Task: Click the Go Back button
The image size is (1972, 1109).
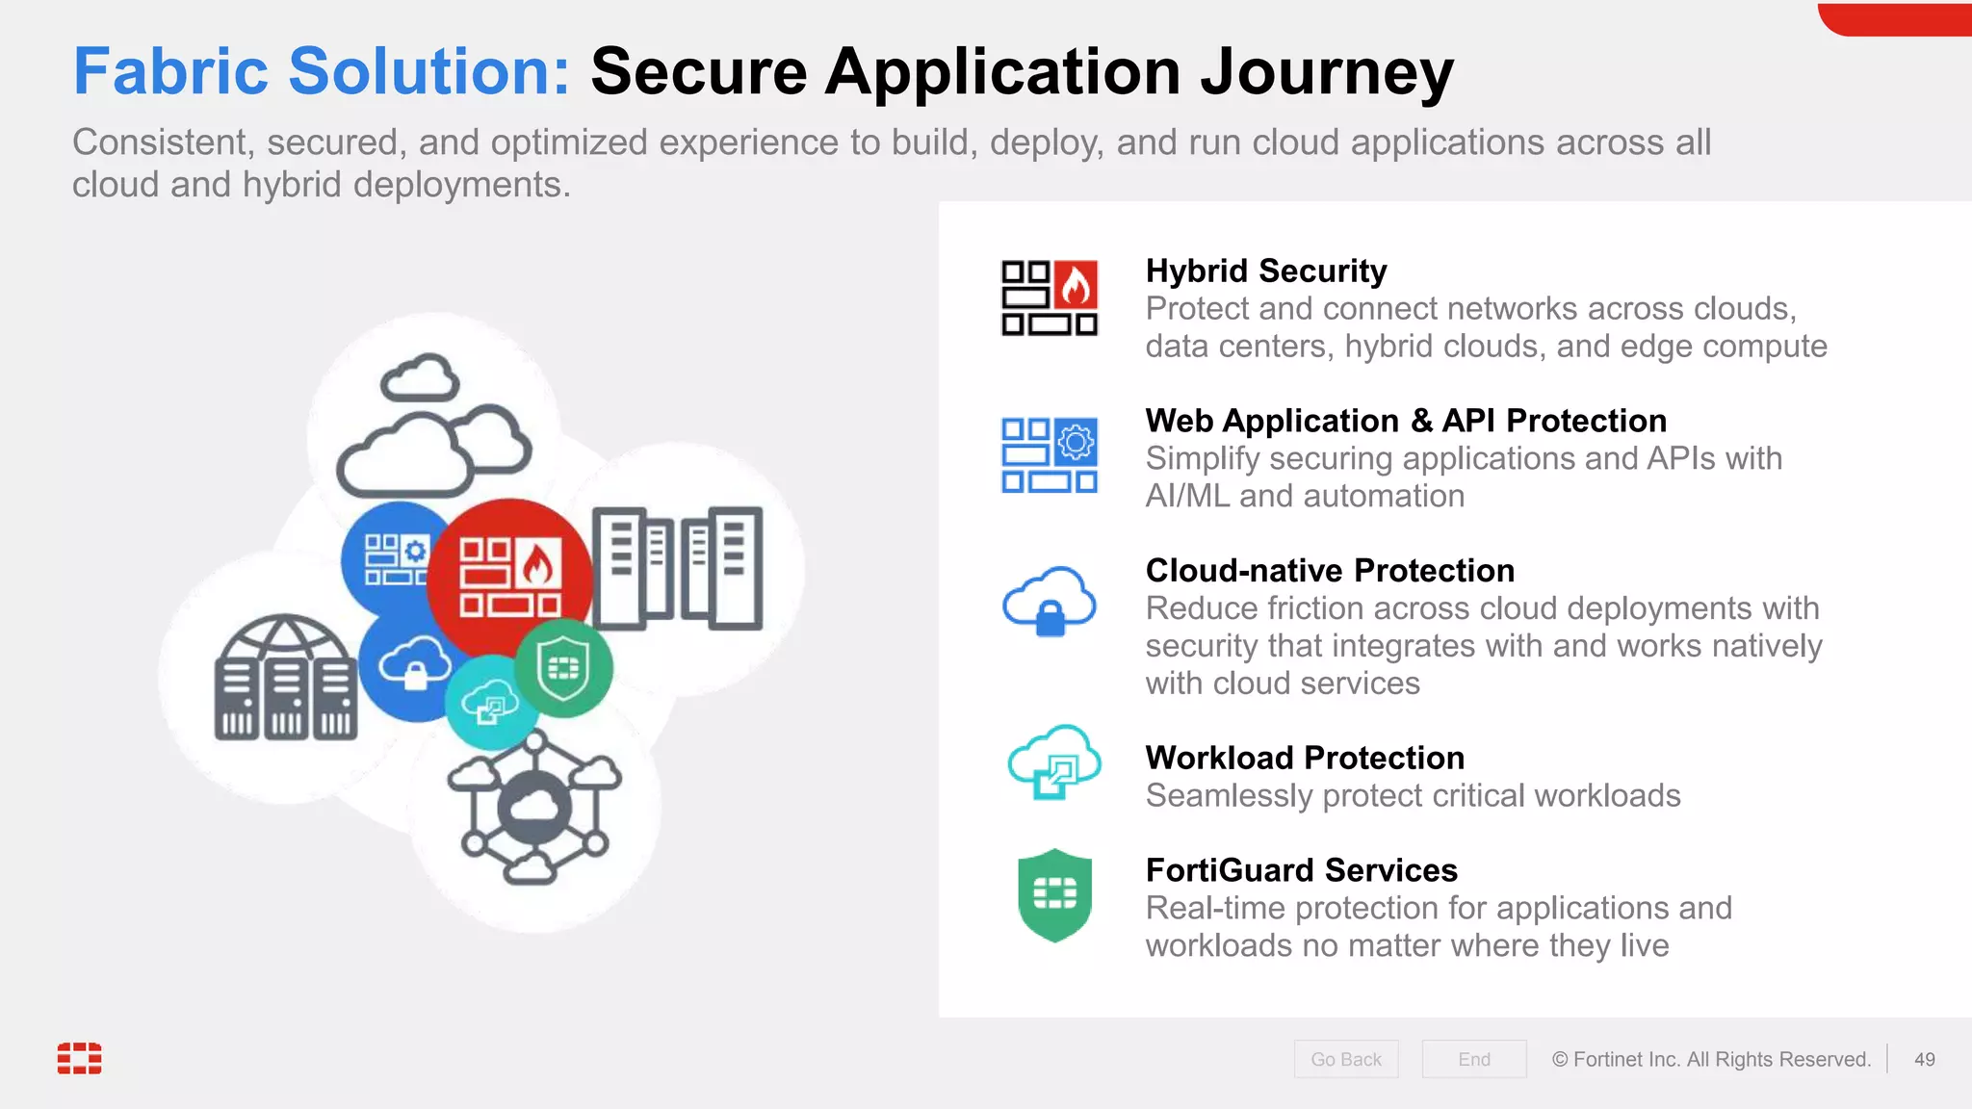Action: click(1345, 1059)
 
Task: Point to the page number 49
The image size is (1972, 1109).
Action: click(1924, 1059)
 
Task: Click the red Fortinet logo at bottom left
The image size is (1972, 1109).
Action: click(79, 1057)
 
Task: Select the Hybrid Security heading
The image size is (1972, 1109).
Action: click(1265, 271)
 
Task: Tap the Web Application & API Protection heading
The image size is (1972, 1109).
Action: click(1405, 421)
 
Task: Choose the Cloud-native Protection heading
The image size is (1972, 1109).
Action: click(1329, 571)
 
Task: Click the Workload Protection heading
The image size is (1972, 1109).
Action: click(1304, 758)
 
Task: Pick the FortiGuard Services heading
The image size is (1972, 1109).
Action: click(1301, 870)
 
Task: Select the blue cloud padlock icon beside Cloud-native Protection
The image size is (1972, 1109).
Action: click(1050, 602)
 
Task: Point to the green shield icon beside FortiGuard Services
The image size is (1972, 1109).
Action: click(1054, 895)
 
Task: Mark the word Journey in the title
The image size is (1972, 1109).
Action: click(1327, 73)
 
